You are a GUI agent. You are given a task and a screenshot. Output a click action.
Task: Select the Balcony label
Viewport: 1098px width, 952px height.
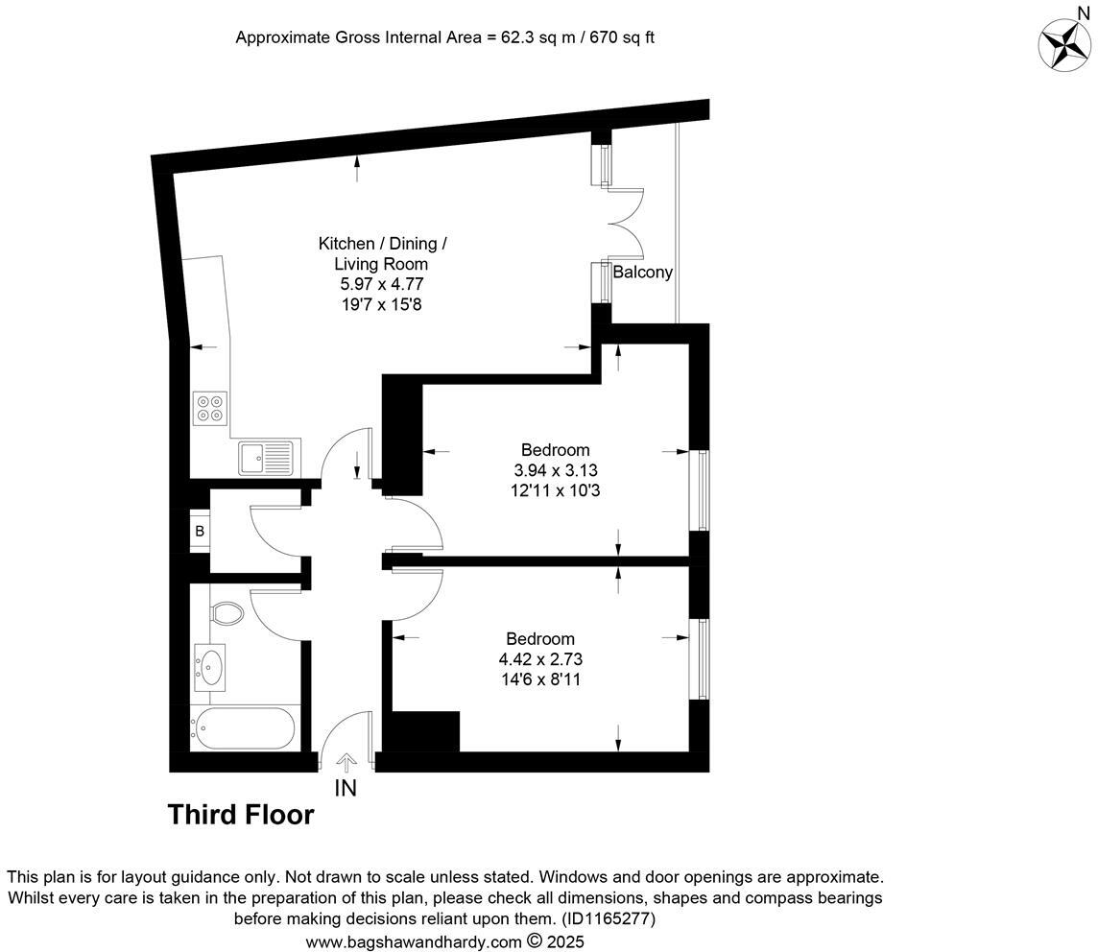pos(643,273)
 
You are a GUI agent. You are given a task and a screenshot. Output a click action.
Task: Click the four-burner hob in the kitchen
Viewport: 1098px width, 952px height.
pos(210,408)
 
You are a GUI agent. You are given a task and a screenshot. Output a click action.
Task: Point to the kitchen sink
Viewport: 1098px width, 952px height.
pos(270,458)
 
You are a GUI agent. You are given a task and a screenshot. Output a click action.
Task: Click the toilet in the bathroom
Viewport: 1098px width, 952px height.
pos(227,611)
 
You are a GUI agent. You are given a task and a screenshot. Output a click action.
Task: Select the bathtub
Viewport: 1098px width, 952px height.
pos(244,729)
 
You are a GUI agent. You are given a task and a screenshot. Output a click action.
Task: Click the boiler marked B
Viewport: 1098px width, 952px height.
pos(200,531)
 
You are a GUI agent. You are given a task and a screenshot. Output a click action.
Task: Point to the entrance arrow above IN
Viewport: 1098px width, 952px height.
pos(346,761)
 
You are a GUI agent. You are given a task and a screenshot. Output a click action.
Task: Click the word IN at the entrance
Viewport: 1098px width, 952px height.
pos(346,789)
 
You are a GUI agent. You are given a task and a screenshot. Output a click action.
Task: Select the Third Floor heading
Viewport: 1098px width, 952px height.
pos(241,815)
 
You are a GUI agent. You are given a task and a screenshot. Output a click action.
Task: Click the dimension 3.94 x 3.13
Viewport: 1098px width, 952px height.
pos(555,470)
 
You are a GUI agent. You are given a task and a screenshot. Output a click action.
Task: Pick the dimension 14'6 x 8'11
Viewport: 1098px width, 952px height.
pos(540,679)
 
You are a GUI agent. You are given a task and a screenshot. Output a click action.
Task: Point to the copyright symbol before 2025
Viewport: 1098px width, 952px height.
pos(536,941)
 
